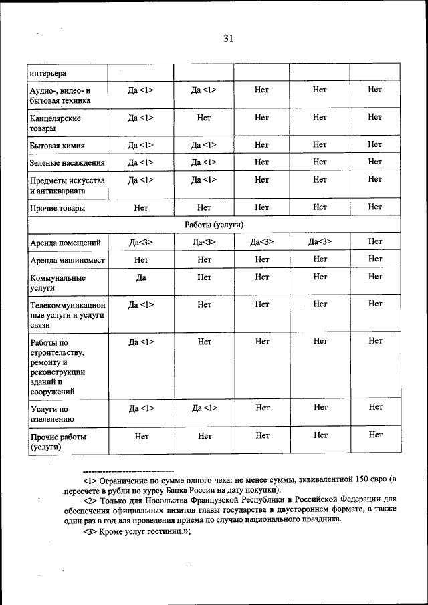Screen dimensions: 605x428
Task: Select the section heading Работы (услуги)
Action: (x=213, y=225)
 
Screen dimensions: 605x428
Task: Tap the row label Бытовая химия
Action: (x=57, y=145)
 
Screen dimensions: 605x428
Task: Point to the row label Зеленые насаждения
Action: (x=67, y=162)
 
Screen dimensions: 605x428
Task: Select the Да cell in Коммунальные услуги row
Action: (x=140, y=277)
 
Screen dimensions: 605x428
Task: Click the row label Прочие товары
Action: (x=57, y=208)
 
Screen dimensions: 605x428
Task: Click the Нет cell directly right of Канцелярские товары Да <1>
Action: (x=204, y=118)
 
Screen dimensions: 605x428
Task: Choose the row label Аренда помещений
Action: (x=66, y=242)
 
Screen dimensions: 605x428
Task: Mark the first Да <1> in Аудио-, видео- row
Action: (x=140, y=89)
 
